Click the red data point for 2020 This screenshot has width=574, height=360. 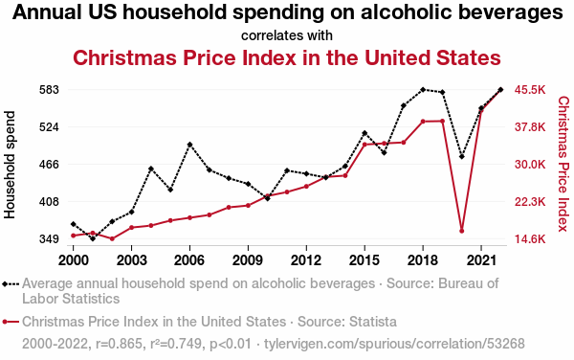click(462, 231)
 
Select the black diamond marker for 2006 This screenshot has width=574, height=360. click(189, 145)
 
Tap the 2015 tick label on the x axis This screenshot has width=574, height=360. click(364, 260)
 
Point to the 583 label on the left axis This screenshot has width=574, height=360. click(49, 90)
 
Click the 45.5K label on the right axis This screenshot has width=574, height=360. click(530, 90)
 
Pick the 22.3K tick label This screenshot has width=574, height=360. click(530, 202)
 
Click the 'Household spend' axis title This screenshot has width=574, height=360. click(10, 165)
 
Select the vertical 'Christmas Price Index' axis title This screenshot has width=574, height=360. click(563, 164)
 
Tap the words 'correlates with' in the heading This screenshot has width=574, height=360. click(287, 35)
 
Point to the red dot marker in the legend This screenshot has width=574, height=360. click(5, 322)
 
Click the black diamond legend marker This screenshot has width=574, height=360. click(5, 283)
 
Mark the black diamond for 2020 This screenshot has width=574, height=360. click(462, 157)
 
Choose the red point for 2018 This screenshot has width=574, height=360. click(423, 122)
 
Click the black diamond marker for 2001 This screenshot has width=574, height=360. click(93, 238)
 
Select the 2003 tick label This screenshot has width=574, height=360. click(131, 260)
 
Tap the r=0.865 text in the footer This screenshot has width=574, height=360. click(119, 344)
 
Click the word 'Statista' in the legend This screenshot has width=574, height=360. click(373, 322)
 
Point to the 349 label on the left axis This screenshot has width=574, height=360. click(49, 239)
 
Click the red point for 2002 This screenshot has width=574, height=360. click(112, 238)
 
